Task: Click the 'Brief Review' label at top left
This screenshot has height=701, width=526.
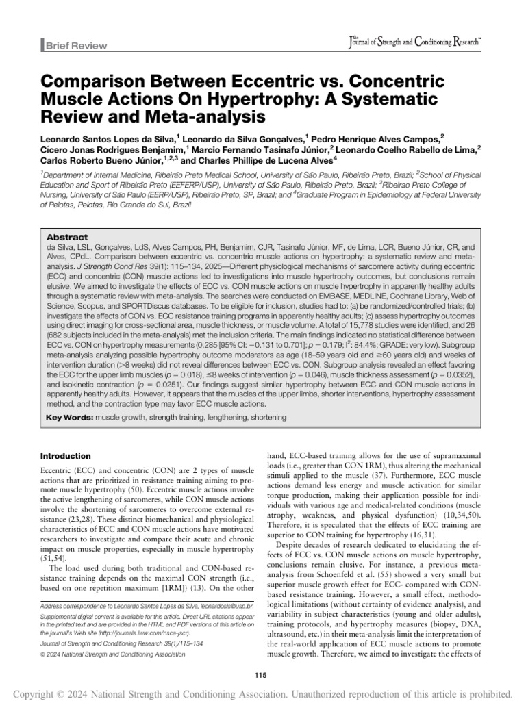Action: click(76, 46)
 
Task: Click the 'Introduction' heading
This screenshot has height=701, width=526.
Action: click(66, 456)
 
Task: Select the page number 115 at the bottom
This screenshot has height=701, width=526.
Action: click(262, 658)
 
